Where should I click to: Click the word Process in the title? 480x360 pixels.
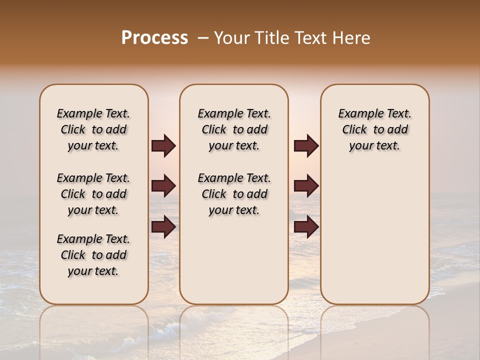click(x=154, y=38)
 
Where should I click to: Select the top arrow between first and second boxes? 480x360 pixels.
click(x=163, y=145)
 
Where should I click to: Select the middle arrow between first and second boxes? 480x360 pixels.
click(x=163, y=186)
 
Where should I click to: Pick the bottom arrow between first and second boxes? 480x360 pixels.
click(x=163, y=227)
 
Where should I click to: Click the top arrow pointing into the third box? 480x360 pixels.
click(x=306, y=145)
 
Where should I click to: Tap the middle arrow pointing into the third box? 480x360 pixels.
click(x=306, y=186)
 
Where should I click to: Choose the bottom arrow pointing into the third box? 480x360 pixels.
click(x=306, y=227)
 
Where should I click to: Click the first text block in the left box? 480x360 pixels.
click(x=93, y=129)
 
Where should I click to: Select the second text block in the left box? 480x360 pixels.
click(x=93, y=194)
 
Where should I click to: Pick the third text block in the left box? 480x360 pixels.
click(x=93, y=255)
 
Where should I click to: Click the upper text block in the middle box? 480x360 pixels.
click(x=234, y=129)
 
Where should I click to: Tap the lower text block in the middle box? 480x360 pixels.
click(x=234, y=194)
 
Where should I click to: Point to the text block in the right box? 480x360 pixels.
click(x=374, y=129)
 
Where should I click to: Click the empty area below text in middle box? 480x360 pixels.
click(x=234, y=260)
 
